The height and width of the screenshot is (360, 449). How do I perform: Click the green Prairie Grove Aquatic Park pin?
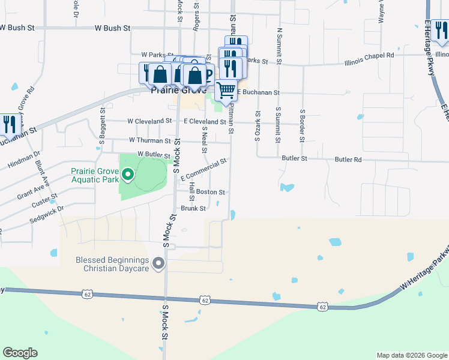(x=127, y=175)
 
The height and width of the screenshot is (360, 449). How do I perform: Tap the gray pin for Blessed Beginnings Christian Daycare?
(x=158, y=263)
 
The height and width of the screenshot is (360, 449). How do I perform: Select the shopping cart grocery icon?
(x=226, y=91)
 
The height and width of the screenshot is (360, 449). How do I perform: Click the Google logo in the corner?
(x=20, y=353)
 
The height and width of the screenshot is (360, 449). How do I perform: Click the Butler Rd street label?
(x=349, y=160)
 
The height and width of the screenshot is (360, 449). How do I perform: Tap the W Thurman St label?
(x=150, y=140)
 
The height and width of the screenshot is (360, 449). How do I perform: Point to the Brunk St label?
(x=193, y=209)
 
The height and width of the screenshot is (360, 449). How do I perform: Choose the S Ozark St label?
(x=258, y=126)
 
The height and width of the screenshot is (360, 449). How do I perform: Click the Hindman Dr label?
(x=24, y=160)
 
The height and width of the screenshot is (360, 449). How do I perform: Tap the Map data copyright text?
(x=411, y=355)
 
